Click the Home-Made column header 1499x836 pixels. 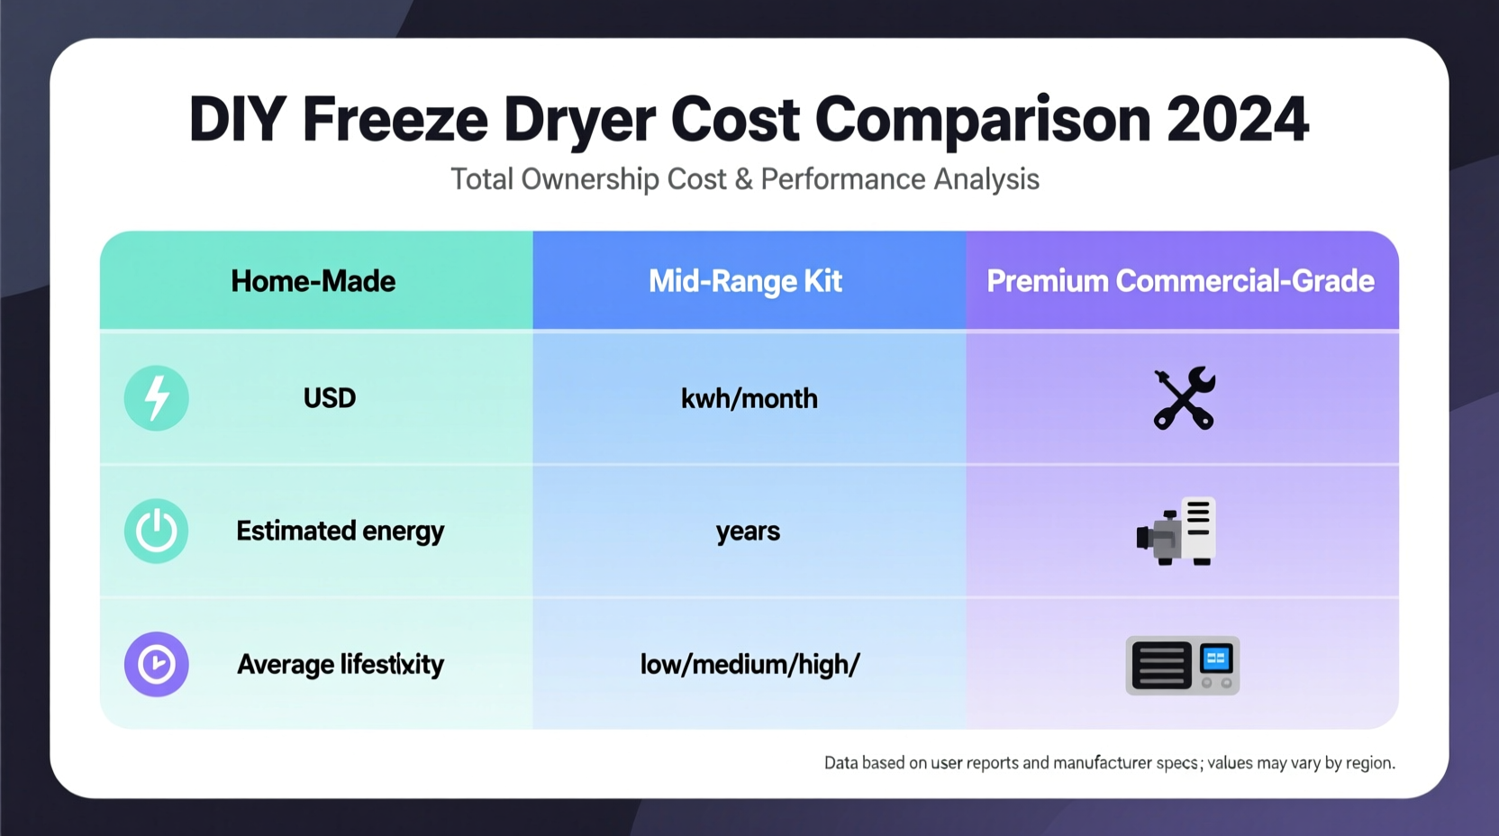[313, 281]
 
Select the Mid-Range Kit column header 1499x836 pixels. [745, 281]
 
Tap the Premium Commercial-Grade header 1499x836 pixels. [1180, 281]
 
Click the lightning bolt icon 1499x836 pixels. [157, 398]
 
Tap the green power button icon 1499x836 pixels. [157, 531]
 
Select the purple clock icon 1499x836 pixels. [157, 664]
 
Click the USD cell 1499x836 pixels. [330, 398]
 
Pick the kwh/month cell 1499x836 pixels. [749, 398]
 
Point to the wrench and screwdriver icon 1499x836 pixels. [1184, 398]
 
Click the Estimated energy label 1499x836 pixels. [340, 531]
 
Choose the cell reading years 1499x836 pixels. [748, 532]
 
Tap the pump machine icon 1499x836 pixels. [1176, 531]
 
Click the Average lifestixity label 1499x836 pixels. [340, 664]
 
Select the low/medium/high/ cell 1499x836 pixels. [749, 665]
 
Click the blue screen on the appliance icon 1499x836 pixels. [1216, 659]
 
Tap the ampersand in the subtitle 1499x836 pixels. [743, 178]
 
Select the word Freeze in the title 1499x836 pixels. [395, 119]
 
